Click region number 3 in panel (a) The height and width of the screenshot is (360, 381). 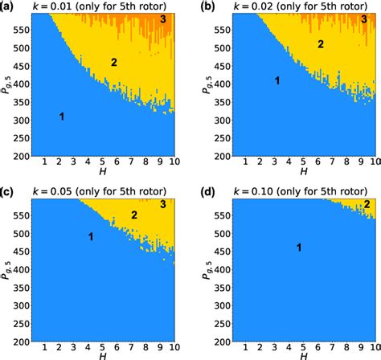click(162, 18)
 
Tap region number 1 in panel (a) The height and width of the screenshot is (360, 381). click(61, 117)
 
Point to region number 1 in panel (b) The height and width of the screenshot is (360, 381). click(277, 81)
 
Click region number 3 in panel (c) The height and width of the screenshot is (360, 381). click(162, 206)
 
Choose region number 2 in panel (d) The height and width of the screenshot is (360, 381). click(367, 204)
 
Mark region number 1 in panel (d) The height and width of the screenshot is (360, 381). click(299, 247)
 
